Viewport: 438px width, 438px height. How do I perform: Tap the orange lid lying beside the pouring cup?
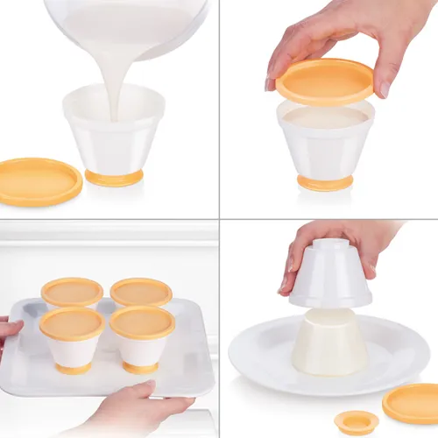(x=40, y=180)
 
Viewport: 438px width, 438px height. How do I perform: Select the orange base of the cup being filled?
(x=114, y=178)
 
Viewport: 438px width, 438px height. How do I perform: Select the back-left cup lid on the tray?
(x=72, y=292)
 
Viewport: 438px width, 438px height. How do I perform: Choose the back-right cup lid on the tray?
(x=140, y=291)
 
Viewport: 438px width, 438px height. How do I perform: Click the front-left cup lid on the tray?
(x=72, y=323)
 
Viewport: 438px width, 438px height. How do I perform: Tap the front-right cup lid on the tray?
(x=142, y=321)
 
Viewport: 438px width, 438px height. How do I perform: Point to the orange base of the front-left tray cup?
(x=74, y=369)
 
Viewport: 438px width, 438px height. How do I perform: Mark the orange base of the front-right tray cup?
(x=140, y=368)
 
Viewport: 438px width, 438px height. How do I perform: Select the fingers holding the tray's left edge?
(x=10, y=328)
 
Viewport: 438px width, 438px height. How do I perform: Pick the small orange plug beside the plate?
(x=357, y=422)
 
